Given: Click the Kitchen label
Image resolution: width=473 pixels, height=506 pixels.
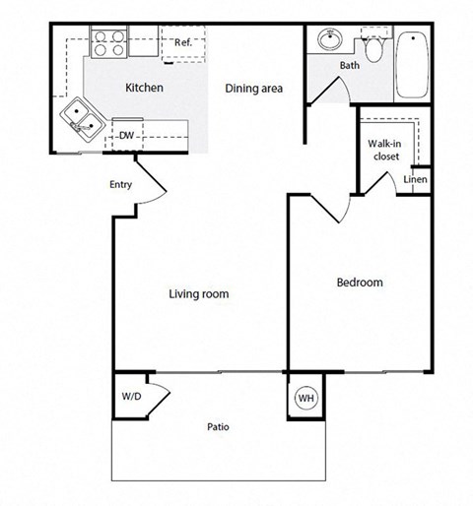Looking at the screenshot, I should (x=144, y=89).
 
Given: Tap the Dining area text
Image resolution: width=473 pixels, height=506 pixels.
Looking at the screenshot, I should (x=254, y=90).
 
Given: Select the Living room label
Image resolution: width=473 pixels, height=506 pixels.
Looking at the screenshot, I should (x=199, y=293).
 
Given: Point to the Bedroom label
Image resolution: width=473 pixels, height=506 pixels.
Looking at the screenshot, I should (x=360, y=283).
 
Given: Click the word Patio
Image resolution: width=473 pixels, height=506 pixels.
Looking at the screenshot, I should (x=219, y=427).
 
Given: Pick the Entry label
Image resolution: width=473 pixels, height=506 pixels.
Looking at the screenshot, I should (x=120, y=184).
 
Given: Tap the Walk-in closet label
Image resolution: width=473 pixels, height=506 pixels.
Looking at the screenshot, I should (x=383, y=149).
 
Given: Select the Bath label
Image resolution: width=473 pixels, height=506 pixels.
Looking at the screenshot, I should (x=350, y=66).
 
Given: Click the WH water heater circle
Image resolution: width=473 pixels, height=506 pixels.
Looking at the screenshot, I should (x=305, y=399).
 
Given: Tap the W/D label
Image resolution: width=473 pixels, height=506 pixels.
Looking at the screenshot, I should (x=131, y=397).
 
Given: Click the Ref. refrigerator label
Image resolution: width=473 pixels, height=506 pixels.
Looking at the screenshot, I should (x=183, y=42).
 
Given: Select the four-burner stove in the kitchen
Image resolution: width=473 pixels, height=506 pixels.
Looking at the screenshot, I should (x=107, y=43).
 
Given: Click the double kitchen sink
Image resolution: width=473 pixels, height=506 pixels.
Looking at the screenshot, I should (x=84, y=119).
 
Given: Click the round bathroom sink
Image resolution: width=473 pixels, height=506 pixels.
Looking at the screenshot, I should (x=329, y=42).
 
